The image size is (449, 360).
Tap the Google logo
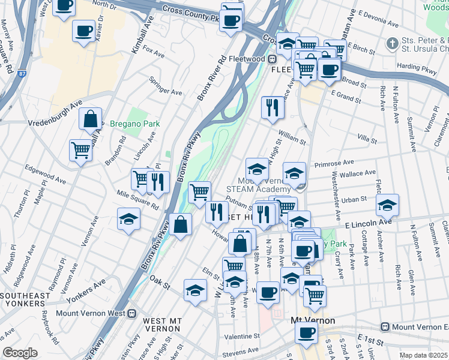20,353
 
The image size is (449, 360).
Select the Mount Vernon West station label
91,313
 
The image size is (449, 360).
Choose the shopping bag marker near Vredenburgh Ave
90,119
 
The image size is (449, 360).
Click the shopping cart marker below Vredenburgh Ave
80,149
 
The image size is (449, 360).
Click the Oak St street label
160,280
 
